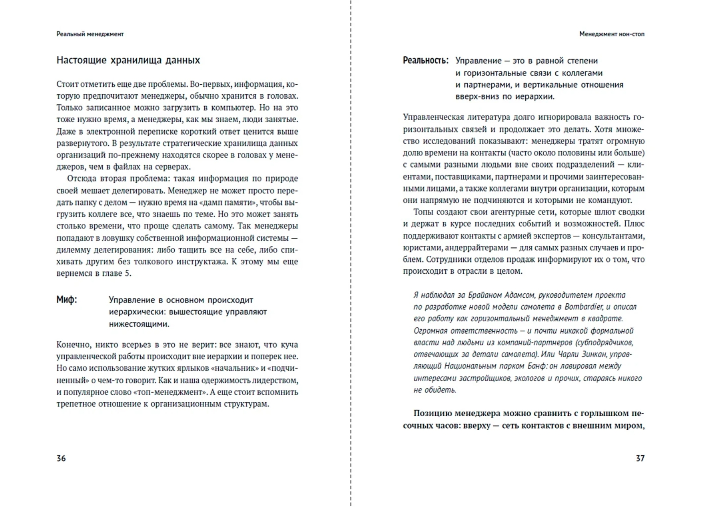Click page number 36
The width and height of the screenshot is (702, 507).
coord(61,458)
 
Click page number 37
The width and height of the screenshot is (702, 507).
coord(640,458)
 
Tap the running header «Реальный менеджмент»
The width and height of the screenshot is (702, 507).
coord(90,34)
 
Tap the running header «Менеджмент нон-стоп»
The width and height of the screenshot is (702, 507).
coord(612,34)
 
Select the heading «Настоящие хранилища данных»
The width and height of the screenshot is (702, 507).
coord(128,60)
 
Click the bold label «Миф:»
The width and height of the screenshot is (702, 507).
coord(67,300)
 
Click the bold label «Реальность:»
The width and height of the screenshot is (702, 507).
coord(425,61)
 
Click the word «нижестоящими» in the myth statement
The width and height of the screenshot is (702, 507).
coord(139,324)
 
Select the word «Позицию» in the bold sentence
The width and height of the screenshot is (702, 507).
coord(433,414)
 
